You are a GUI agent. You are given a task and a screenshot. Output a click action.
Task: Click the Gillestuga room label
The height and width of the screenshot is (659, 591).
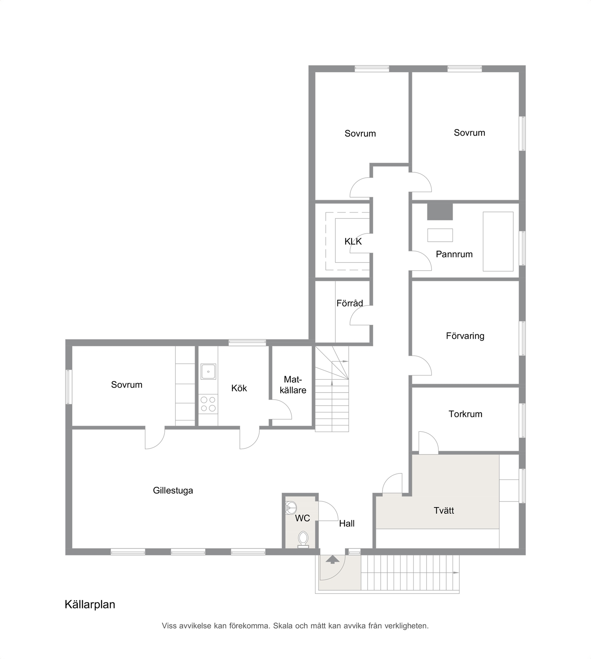[x=173, y=491]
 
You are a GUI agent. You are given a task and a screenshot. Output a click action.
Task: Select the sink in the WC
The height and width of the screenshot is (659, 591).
[x=291, y=508]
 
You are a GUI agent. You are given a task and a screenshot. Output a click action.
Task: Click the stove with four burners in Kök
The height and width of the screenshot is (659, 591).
[x=208, y=404]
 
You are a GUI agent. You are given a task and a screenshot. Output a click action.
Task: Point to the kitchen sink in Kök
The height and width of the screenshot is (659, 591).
[x=208, y=371]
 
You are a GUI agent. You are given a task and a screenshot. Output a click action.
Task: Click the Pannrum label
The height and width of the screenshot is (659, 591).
[x=454, y=254]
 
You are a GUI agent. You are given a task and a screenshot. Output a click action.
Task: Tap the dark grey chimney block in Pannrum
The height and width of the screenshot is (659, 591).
[x=440, y=212]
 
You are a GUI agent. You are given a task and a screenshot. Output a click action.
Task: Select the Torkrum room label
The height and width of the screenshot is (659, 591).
[x=465, y=414]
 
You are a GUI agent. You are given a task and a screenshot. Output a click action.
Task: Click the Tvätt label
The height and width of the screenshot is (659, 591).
[x=444, y=510]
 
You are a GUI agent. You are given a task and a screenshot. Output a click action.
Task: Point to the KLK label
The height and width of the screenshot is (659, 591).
[x=353, y=242]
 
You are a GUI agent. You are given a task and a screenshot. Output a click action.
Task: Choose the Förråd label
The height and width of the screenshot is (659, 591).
[x=350, y=303]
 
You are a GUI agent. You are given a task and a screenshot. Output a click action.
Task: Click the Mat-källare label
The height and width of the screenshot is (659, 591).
[x=293, y=385]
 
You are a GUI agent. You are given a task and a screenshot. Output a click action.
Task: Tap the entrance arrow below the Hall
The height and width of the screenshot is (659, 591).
[x=332, y=559]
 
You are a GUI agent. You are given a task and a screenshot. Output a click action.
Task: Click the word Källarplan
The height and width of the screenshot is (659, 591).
[x=90, y=604]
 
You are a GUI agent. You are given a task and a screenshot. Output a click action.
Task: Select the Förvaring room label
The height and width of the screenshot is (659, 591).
[x=465, y=336]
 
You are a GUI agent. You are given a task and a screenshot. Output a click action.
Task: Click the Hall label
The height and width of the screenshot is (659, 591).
[x=347, y=523]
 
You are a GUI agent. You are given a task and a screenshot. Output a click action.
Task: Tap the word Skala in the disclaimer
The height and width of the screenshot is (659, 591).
[x=283, y=626]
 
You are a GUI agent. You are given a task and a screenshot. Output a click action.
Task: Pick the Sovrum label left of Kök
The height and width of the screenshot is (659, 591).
[x=126, y=385]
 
